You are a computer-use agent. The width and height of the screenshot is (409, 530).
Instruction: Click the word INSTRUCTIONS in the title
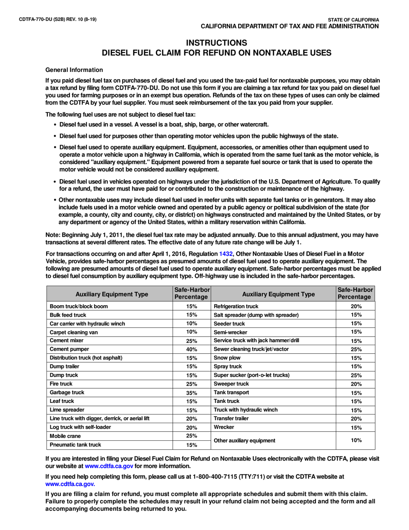click(216, 43)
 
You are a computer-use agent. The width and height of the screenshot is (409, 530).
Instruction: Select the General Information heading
click(74, 70)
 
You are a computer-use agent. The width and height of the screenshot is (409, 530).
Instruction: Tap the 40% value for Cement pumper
click(192, 349)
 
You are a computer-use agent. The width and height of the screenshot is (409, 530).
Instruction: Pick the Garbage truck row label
click(67, 393)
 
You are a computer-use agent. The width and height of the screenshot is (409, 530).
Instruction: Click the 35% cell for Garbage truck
click(192, 393)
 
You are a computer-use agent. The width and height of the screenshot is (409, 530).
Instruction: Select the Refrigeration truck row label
click(236, 306)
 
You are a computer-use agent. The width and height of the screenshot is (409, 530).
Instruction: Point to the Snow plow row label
click(227, 358)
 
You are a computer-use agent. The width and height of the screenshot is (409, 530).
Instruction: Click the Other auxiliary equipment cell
click(245, 440)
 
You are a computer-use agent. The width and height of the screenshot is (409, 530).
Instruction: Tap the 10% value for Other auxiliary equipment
click(356, 440)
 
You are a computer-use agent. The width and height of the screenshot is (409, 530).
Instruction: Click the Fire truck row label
click(61, 383)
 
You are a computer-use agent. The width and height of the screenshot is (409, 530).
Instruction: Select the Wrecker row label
click(224, 427)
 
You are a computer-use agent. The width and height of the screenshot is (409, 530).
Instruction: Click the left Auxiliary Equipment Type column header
click(112, 295)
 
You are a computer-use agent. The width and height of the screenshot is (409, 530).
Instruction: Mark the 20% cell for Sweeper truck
click(356, 383)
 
